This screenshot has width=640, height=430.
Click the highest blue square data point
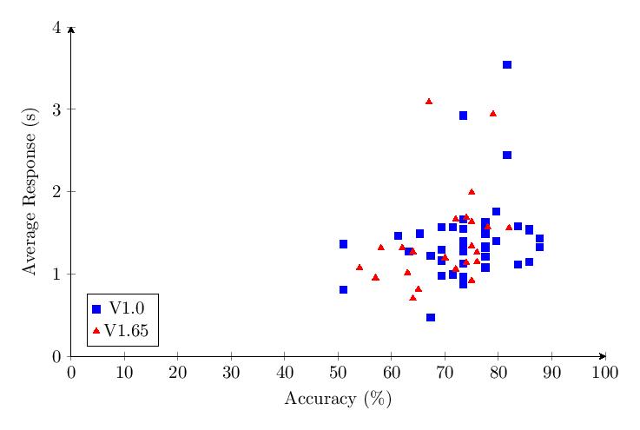pos(507,65)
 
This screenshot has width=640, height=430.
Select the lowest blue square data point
pos(431,318)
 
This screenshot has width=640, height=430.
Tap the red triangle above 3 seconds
pos(429,102)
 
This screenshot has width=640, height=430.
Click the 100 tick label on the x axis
pos(604,372)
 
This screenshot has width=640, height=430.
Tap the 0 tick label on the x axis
pos(71,372)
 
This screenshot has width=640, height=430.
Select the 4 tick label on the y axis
pos(57,28)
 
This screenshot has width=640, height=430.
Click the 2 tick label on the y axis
pos(57,192)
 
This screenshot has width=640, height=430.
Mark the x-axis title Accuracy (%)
pos(338,400)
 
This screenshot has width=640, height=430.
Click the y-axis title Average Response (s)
pos(30,192)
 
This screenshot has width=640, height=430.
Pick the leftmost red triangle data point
pos(360,268)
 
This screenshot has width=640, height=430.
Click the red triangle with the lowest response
pos(412,298)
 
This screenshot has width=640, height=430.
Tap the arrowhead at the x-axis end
pos(602,356)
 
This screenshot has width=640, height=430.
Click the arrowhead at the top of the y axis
pos(71,30)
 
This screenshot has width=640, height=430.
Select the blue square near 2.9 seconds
pos(463,116)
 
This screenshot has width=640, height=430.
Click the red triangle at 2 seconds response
pos(472,192)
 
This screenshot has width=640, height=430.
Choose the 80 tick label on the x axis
pos(498,372)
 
